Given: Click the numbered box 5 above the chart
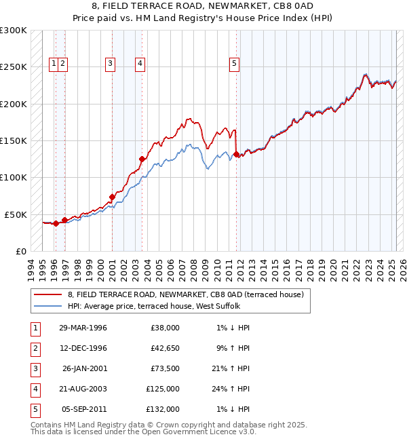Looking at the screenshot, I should pos(234,64).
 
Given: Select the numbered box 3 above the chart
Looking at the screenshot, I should pos(110,64).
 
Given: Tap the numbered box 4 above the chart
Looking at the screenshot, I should pos(140,64).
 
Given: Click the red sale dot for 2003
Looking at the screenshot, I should pos(142,159).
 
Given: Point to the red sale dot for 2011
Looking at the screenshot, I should pos(236,154).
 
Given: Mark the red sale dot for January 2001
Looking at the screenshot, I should pos(112,197).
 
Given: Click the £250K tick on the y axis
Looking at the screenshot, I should pos(14,67).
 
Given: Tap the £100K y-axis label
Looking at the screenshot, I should pos(14,177).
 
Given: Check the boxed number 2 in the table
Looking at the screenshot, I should pos(34,348).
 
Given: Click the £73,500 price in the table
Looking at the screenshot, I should pos(164,368).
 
